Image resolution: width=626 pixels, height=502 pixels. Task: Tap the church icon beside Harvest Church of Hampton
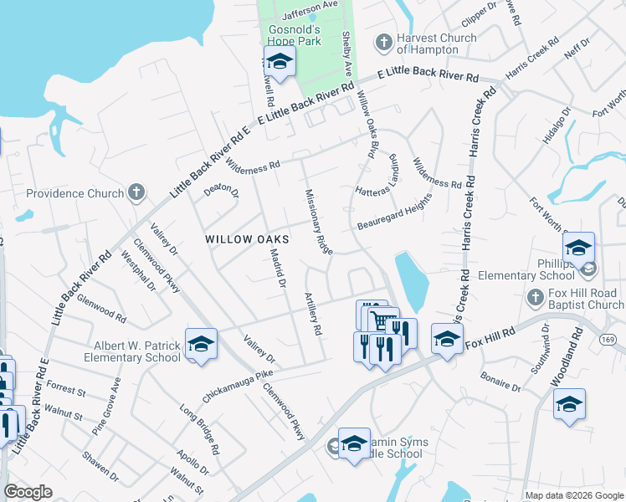384,42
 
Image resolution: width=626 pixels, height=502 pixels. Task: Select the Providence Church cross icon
137,193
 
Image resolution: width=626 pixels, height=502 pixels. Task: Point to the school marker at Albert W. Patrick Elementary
201,344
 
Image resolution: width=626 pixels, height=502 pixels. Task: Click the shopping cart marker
382,320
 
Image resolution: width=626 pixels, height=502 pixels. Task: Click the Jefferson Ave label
310,5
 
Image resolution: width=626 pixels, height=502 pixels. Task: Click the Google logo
28,492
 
